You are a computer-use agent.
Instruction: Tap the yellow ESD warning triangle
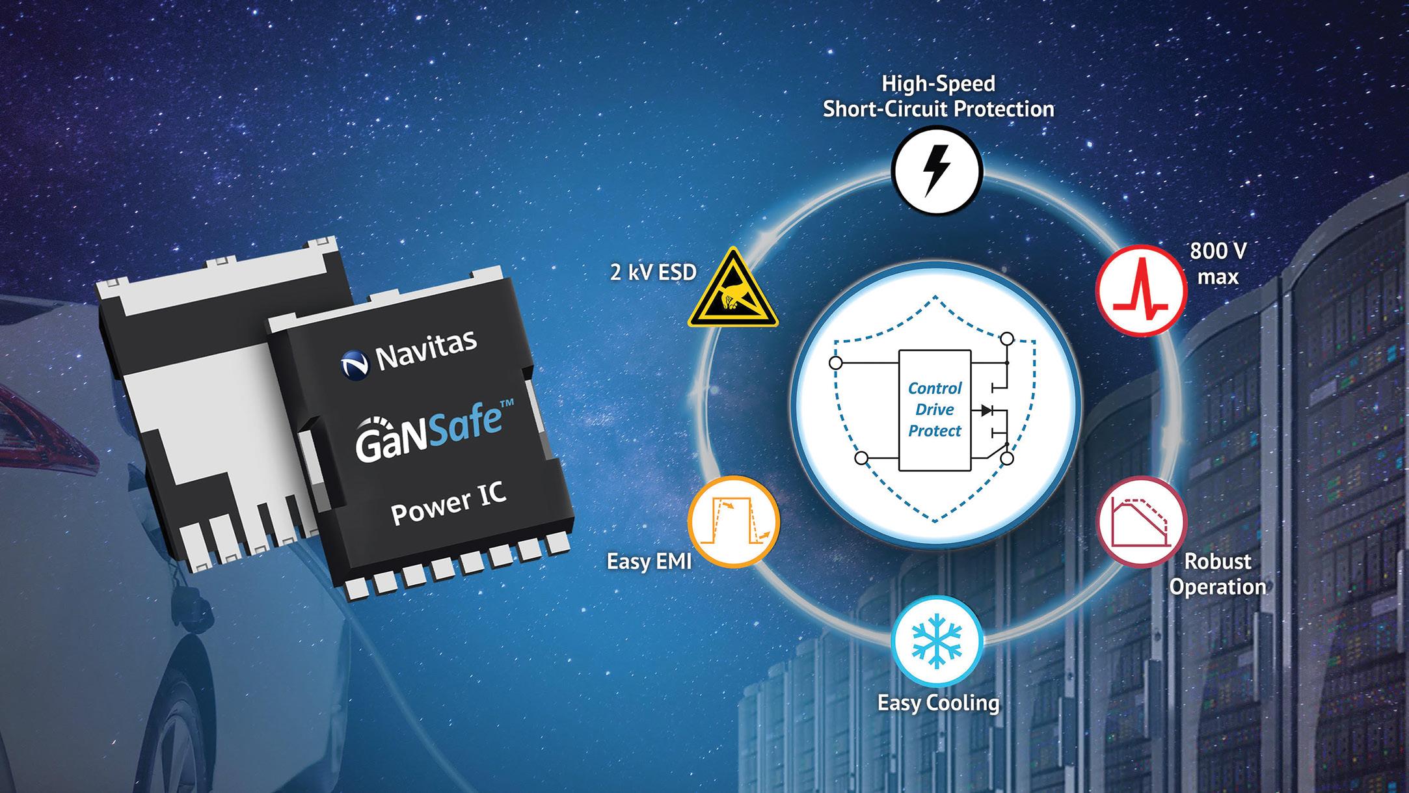click(733, 291)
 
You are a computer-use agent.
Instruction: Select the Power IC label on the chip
click(448, 505)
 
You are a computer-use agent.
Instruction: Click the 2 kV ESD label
click(653, 271)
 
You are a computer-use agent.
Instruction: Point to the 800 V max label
click(1218, 263)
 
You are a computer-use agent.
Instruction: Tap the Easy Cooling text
click(938, 703)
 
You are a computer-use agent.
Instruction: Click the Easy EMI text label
click(649, 561)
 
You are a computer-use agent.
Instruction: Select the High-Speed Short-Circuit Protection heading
click(938, 96)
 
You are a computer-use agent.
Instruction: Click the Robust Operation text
click(1217, 574)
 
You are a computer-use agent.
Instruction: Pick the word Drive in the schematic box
click(935, 409)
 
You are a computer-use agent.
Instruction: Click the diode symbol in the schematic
click(986, 410)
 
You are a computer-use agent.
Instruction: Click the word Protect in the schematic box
click(935, 431)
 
